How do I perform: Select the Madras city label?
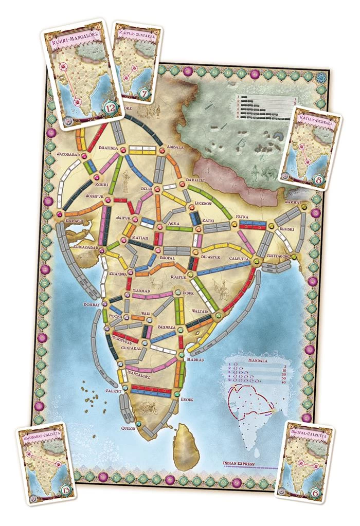pos(195,359)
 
